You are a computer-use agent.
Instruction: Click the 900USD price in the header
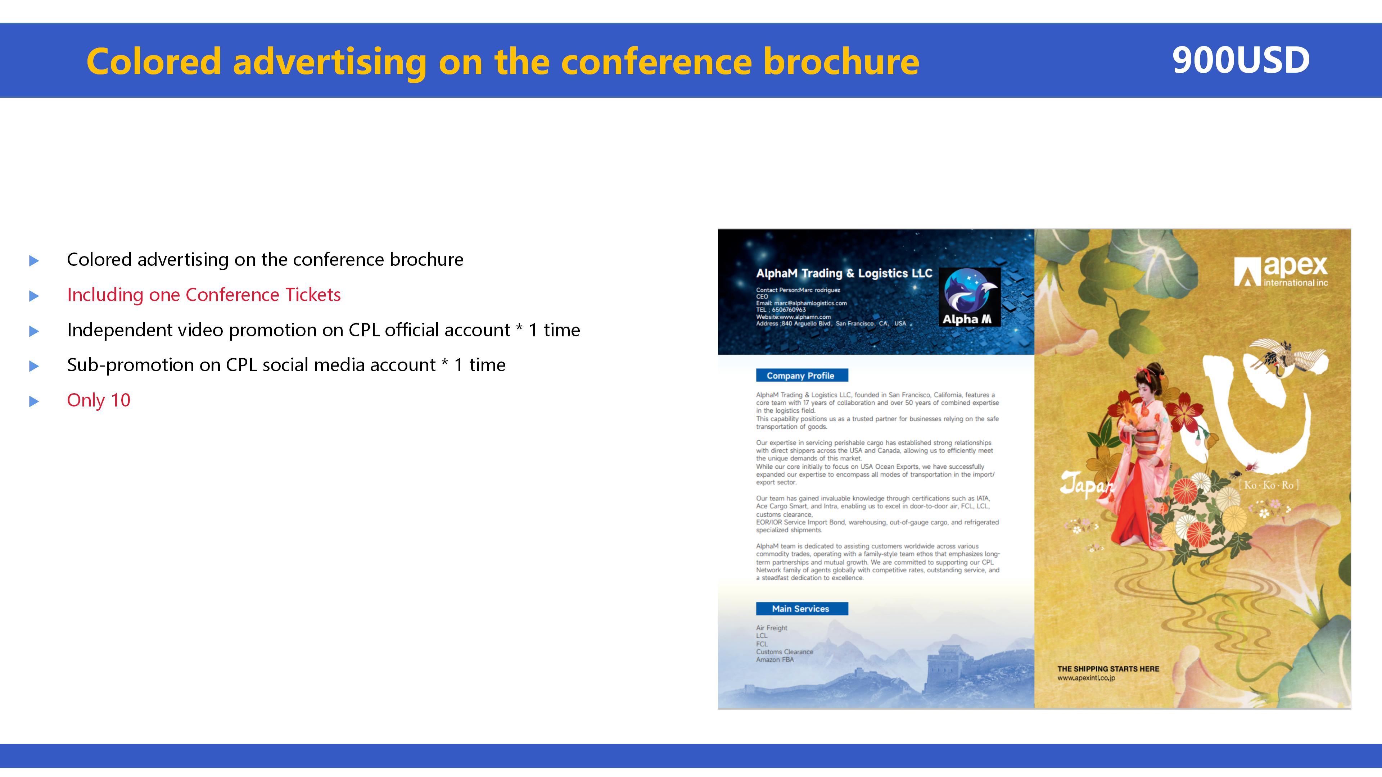click(x=1241, y=60)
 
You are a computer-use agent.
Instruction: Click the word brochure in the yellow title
click(x=841, y=61)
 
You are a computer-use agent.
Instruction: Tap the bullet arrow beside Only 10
click(x=34, y=401)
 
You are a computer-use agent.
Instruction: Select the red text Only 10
click(x=99, y=400)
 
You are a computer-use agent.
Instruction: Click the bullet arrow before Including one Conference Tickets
click(x=34, y=296)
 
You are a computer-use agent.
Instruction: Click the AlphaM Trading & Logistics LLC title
click(x=844, y=273)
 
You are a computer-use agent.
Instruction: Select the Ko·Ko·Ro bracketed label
click(x=1268, y=485)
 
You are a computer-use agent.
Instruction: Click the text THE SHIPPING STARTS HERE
click(x=1108, y=669)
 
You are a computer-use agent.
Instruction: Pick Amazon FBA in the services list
click(x=775, y=660)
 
